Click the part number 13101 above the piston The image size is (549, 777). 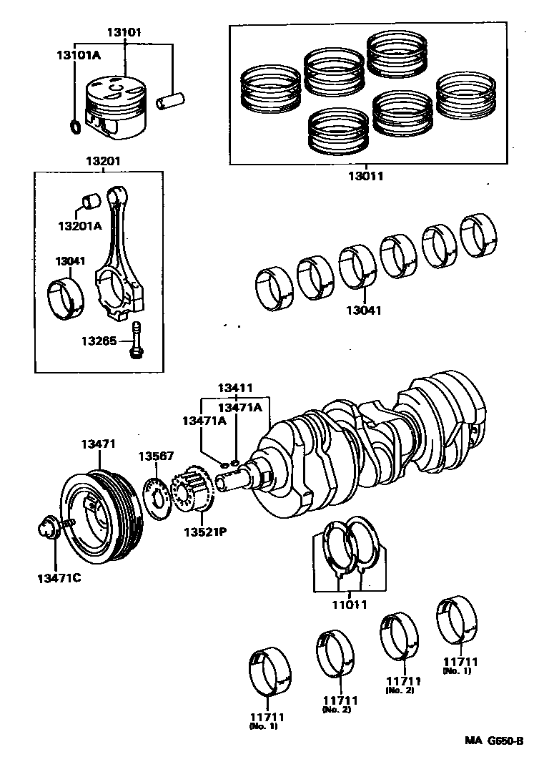pyautogui.click(x=124, y=32)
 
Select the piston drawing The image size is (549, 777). pyautogui.click(x=116, y=106)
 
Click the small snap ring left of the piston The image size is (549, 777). pyautogui.click(x=74, y=127)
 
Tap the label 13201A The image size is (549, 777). pyautogui.click(x=80, y=225)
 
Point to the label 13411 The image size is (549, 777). pyautogui.click(x=236, y=388)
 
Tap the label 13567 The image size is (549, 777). pyautogui.click(x=157, y=456)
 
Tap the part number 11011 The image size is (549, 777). pyautogui.click(x=348, y=604)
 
